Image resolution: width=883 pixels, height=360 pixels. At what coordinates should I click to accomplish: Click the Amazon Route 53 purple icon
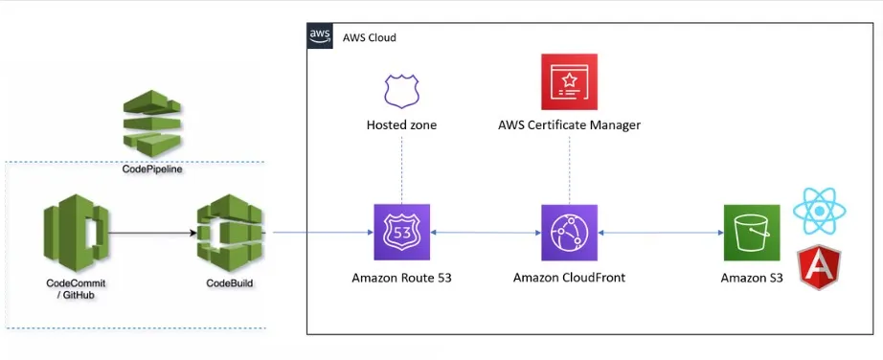click(x=401, y=233)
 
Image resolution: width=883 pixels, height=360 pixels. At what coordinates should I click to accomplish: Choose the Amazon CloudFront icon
click(x=569, y=233)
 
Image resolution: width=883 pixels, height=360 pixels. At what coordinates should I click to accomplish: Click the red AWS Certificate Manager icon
click(x=569, y=82)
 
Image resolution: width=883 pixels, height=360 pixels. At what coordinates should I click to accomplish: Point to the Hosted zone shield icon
click(x=401, y=91)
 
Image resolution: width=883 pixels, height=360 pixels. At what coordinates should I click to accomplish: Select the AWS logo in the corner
click(x=320, y=36)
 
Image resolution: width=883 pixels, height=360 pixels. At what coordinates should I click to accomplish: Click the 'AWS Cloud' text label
click(x=369, y=37)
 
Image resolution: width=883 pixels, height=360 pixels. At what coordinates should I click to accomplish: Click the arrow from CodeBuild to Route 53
click(x=322, y=233)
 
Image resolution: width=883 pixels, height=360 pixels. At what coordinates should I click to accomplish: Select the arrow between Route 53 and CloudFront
click(x=485, y=233)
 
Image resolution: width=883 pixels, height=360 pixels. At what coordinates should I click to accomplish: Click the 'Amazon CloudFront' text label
click(x=569, y=278)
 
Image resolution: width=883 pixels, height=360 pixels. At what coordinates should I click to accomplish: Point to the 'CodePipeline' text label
click(x=152, y=169)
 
